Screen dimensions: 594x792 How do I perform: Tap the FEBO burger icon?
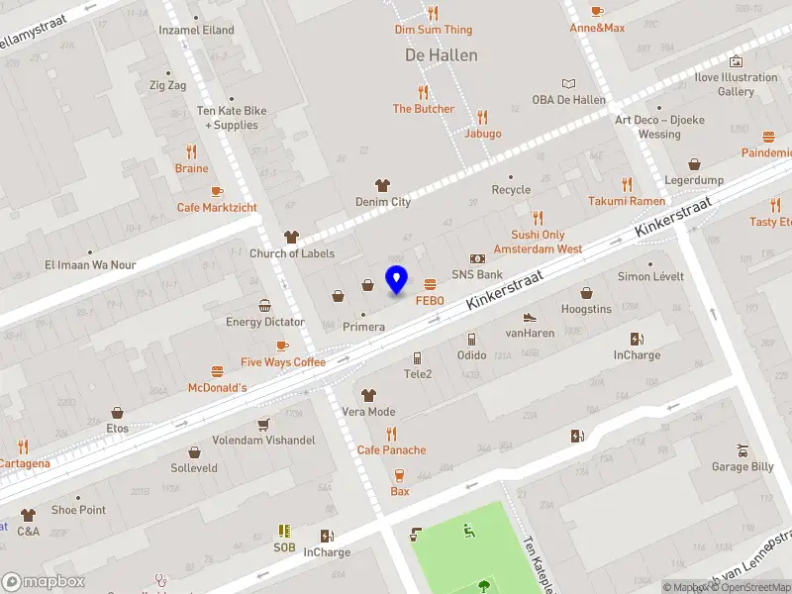429,284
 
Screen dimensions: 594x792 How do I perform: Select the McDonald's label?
217,387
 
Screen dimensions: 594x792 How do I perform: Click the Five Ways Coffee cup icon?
282,346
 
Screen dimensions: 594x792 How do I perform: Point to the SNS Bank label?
477,274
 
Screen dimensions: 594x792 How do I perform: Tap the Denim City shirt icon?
382,185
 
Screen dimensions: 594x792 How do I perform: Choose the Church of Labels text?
291,253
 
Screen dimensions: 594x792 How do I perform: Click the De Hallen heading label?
442,55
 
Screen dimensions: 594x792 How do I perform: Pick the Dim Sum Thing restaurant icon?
433,13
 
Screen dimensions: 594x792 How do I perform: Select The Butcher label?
423,109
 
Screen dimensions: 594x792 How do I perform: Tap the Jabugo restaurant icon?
482,117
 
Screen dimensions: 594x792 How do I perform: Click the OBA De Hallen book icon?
568,84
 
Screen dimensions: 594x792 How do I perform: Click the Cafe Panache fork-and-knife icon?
391,434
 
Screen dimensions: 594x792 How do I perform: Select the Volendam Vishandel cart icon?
263,424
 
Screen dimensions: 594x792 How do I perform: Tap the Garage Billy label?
742,466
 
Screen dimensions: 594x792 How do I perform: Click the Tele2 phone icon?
417,358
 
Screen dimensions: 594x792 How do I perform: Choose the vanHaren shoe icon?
530,317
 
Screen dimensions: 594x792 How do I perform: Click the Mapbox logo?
44,581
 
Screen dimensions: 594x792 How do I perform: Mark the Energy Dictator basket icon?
264,306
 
